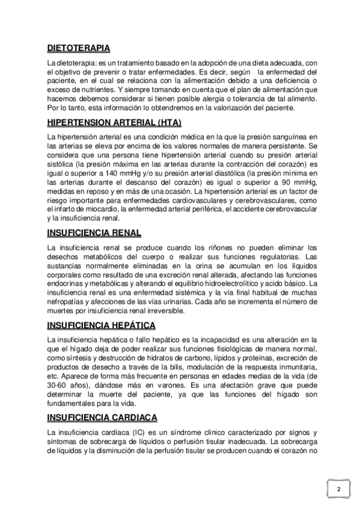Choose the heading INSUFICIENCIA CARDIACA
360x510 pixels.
click(x=102, y=417)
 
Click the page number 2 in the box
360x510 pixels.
click(x=338, y=489)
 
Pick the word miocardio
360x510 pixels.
click(x=88, y=209)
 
